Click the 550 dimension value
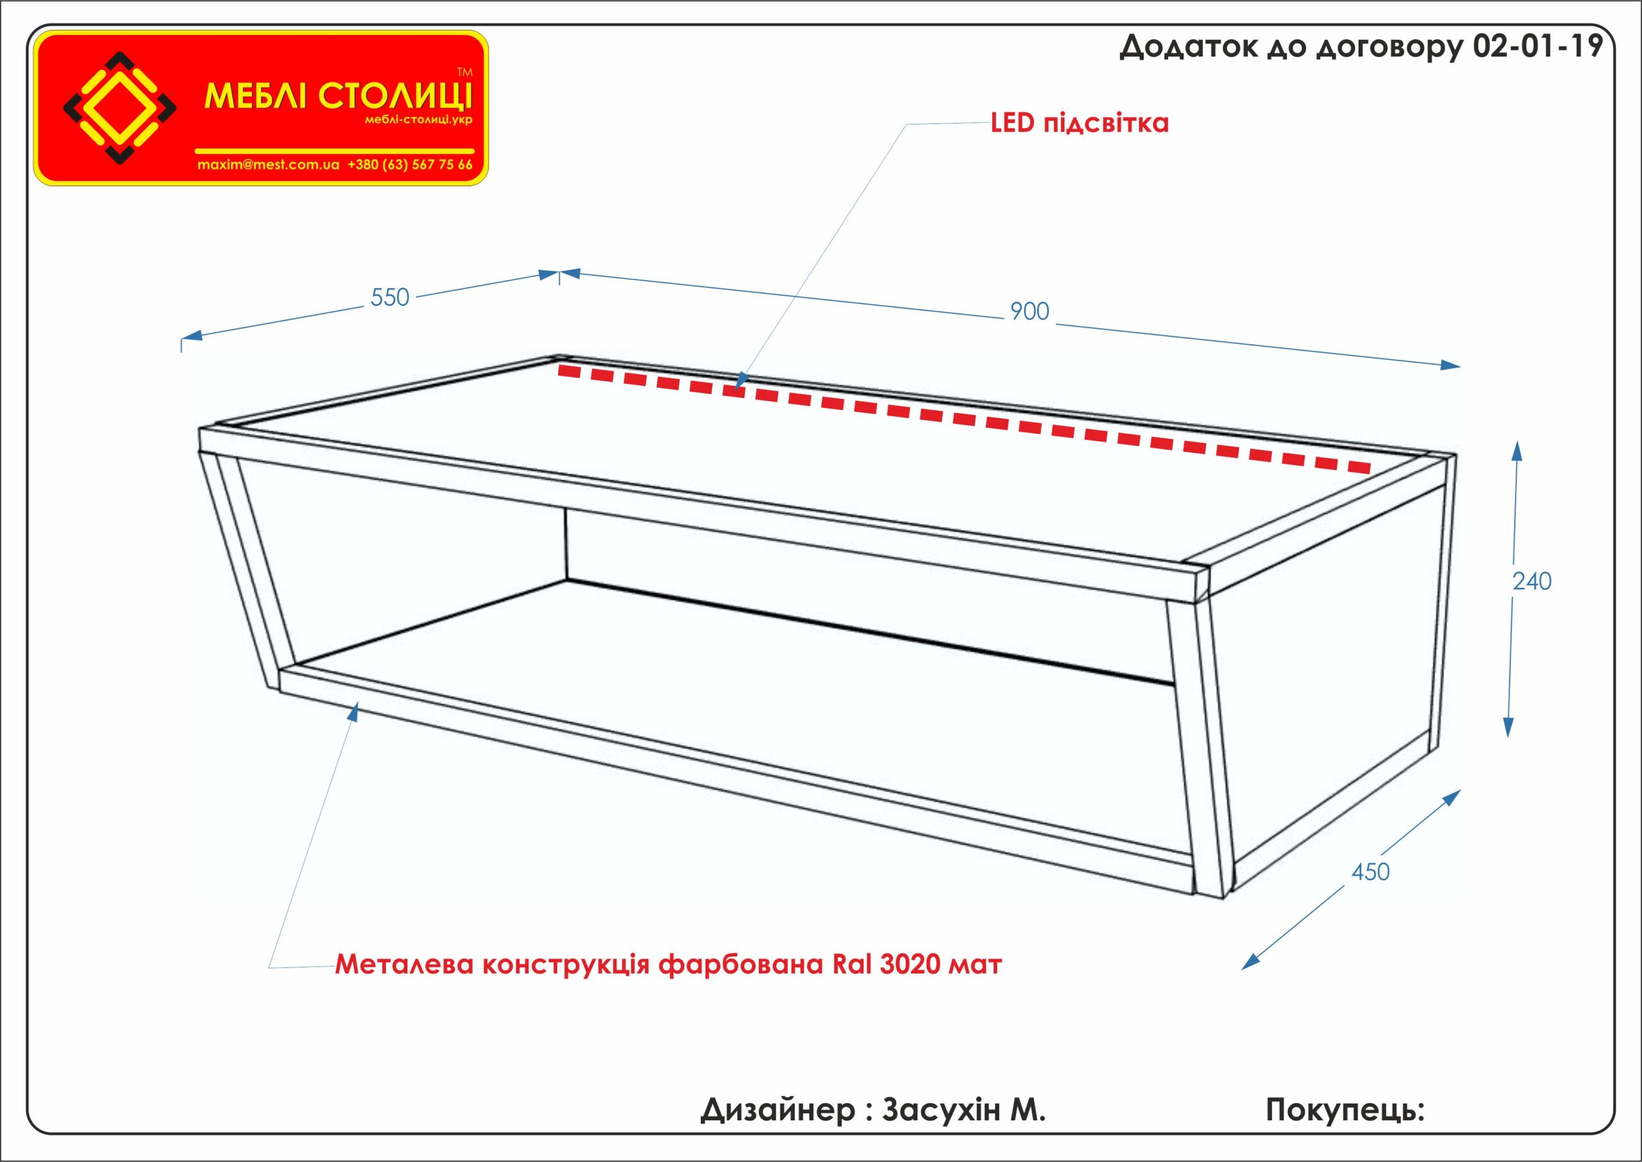pos(390,298)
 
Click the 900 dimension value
pos(1029,311)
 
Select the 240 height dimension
pos(1532,582)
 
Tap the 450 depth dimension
pos(1370,872)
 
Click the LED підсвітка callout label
pos(1079,123)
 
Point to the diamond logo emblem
pos(120,106)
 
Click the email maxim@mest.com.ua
pos(268,165)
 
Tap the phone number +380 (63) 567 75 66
pos(410,165)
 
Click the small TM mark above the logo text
pos(464,72)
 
